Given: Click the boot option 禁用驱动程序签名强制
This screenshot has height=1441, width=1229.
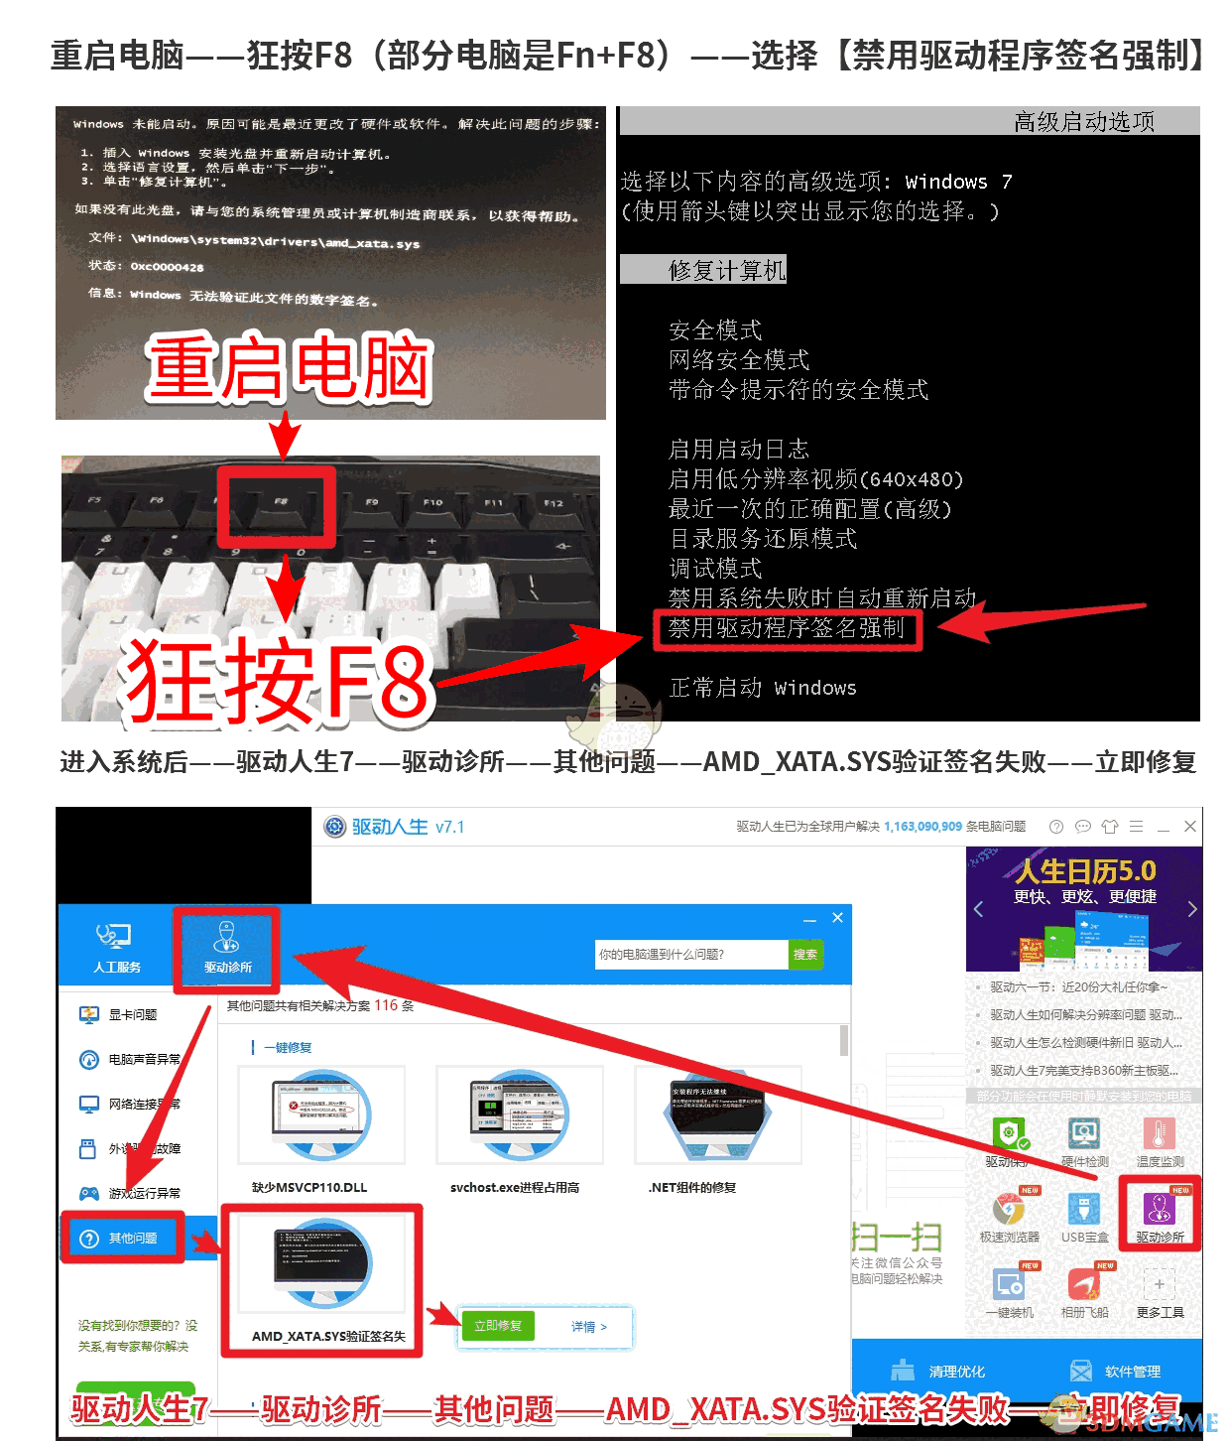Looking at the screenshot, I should [787, 628].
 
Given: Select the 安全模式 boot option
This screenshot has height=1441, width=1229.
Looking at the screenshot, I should [715, 330].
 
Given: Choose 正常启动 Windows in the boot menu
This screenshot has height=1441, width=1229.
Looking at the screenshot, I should [762, 688].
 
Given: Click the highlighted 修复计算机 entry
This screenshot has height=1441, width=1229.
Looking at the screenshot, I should [726, 270].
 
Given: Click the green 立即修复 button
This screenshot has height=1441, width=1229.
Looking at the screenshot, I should [498, 1326].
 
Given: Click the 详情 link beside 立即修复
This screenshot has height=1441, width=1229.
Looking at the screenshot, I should [588, 1327].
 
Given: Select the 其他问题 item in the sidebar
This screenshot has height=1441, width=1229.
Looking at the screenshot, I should [124, 1238].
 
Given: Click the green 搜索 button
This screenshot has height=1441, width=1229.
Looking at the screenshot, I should [805, 955].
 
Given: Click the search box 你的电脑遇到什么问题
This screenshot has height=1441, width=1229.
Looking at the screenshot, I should [689, 955].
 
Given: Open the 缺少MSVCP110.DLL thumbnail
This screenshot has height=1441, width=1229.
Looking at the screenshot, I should [321, 1115].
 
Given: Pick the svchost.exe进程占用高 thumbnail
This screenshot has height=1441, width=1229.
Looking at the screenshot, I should [519, 1115].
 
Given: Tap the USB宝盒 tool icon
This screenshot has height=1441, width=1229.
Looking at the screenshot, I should [1084, 1210].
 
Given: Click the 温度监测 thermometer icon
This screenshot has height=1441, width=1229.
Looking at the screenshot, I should [1159, 1133].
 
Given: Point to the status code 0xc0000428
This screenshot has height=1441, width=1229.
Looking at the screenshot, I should [167, 267].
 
